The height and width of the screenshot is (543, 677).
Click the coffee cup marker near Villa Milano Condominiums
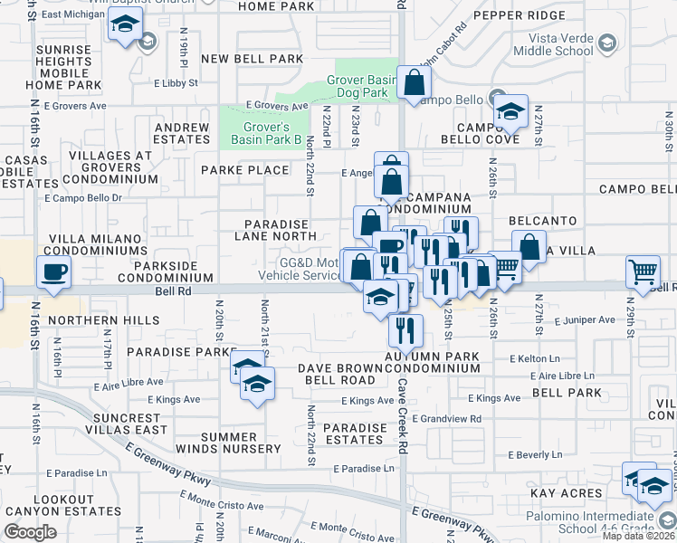[x=53, y=270]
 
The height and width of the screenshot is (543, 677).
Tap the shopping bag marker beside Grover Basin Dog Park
[x=414, y=82]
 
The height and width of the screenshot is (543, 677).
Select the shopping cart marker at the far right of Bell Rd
[x=643, y=270]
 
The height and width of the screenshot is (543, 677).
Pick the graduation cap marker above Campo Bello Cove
[x=510, y=111]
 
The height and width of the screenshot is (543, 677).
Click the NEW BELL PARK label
[x=252, y=59]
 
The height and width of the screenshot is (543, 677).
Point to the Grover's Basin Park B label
[x=264, y=133]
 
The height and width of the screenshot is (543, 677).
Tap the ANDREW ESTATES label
[x=182, y=134]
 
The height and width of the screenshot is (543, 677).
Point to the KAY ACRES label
[x=567, y=493]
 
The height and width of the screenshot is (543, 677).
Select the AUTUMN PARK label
[x=432, y=357]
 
